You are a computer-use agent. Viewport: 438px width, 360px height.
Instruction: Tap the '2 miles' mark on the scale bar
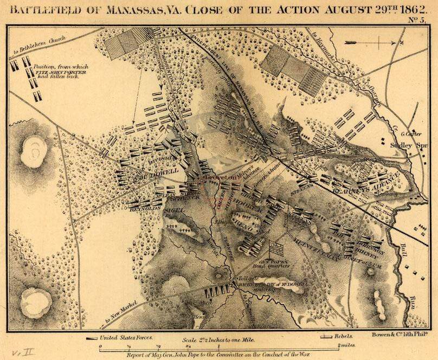click(346, 345)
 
